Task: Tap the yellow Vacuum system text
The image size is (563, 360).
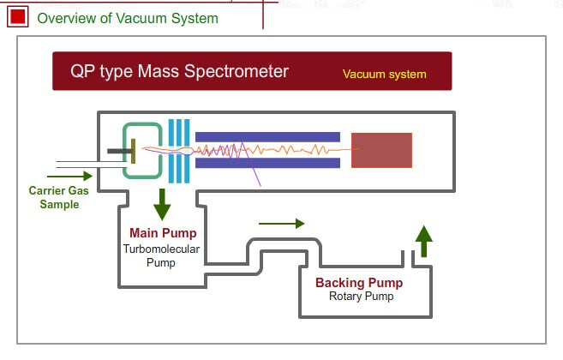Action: pos(385,74)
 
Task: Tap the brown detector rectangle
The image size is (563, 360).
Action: pos(381,150)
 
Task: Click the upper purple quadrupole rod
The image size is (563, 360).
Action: pos(267,136)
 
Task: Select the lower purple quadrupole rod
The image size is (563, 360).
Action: pos(267,163)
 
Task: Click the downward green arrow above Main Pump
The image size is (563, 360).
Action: pos(160,204)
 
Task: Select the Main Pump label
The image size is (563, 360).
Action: pos(163,233)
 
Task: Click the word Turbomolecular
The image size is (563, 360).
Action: pos(160,249)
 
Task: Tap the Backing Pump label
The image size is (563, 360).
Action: pos(358,283)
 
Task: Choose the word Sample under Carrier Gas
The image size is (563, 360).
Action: pos(59,205)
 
